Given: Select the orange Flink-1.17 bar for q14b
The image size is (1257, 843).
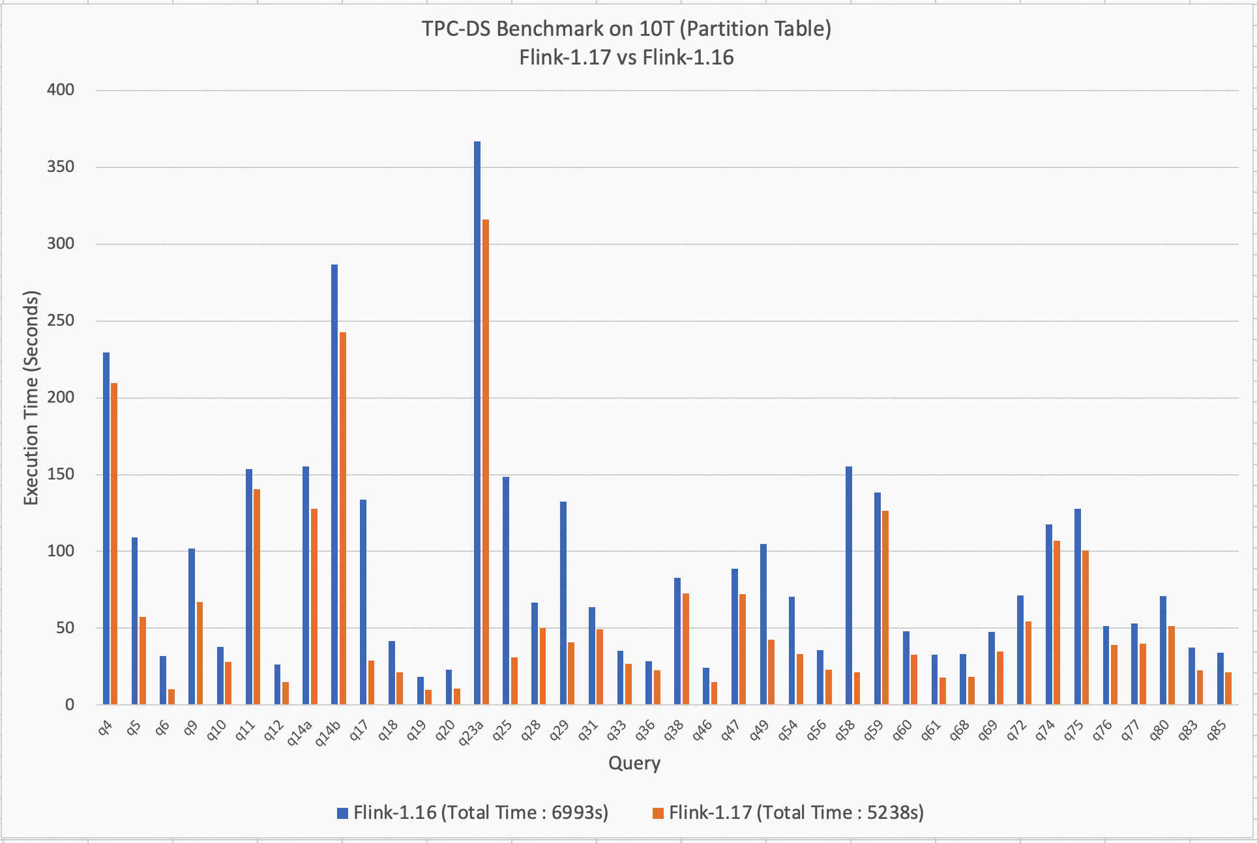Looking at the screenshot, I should [343, 518].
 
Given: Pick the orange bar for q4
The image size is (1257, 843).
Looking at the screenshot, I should [114, 543].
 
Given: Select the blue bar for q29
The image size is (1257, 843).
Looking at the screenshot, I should [563, 603].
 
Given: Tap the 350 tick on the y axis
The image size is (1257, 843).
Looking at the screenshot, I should [61, 167].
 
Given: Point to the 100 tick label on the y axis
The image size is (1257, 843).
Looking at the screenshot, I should [61, 551].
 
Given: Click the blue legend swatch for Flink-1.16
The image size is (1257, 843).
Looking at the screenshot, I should [342, 813].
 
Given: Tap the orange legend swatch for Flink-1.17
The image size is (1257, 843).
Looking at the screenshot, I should [658, 813].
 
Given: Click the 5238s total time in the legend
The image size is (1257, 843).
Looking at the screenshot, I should [895, 813].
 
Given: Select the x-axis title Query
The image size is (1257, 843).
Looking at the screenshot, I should [634, 763].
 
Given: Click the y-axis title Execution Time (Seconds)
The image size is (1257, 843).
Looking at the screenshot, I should [31, 397].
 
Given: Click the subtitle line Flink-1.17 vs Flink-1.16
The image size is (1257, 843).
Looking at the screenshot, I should [627, 58].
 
